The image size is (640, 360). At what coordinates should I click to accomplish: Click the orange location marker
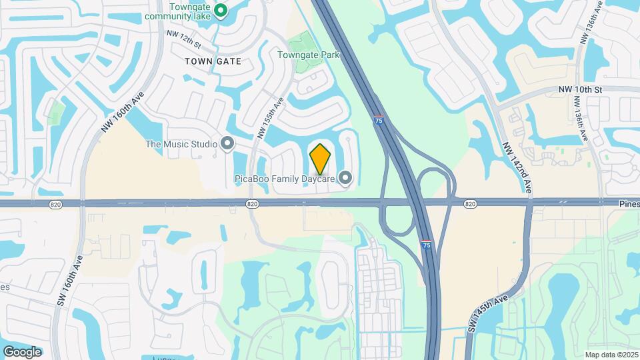click(321, 159)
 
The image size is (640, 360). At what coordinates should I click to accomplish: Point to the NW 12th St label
click(185, 41)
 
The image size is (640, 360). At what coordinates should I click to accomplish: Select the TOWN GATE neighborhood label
click(213, 61)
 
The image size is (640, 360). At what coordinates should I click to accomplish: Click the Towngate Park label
click(309, 55)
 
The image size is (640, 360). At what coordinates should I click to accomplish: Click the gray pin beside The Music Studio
click(227, 143)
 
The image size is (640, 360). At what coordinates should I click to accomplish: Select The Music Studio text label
click(181, 144)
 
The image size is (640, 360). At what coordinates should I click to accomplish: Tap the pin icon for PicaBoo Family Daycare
click(345, 178)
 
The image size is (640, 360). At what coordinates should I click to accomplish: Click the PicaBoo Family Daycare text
click(284, 179)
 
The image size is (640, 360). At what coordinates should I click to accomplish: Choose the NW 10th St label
click(580, 89)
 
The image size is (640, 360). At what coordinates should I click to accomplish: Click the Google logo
click(22, 351)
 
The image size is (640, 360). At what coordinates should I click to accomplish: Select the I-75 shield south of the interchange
click(426, 245)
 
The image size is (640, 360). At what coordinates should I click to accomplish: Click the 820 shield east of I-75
click(470, 203)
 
